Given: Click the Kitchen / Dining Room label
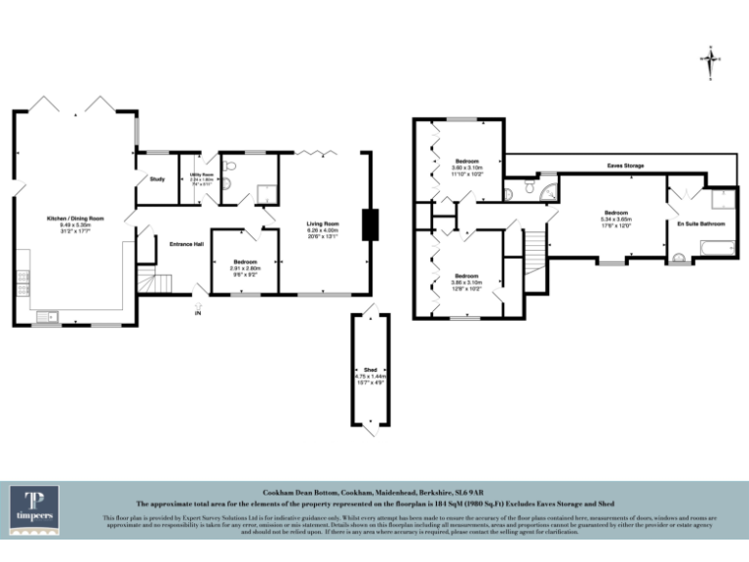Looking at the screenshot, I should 76,218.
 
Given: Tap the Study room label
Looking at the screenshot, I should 157,180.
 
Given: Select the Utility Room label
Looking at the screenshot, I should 201,176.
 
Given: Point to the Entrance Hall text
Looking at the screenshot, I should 186,244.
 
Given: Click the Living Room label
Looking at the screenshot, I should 322,224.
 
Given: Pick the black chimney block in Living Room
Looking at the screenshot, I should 370,224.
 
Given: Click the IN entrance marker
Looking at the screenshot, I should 197,314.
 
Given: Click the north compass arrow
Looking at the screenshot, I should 712,60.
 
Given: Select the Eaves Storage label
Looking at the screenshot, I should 624,167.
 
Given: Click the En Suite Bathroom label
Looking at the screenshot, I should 700,224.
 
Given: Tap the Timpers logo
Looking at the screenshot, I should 34,507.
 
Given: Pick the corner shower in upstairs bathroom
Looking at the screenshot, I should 549,188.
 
